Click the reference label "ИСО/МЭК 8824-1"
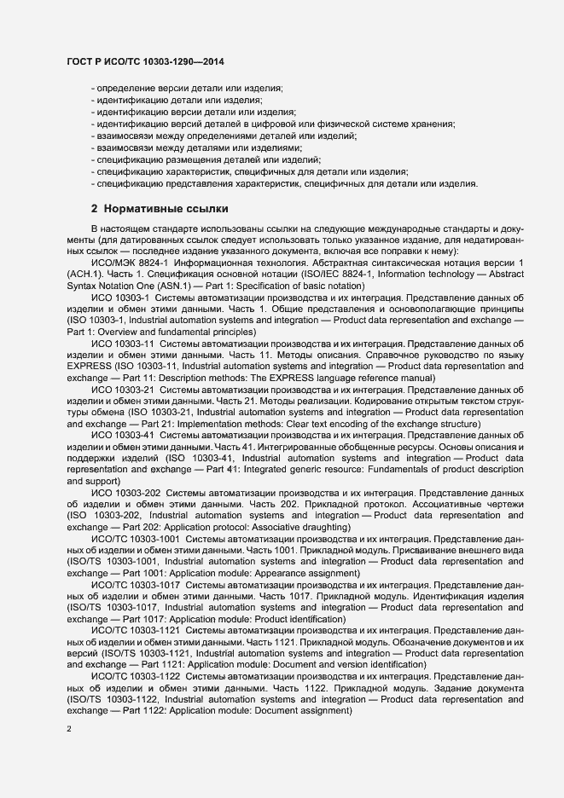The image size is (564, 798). [x=126, y=263]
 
